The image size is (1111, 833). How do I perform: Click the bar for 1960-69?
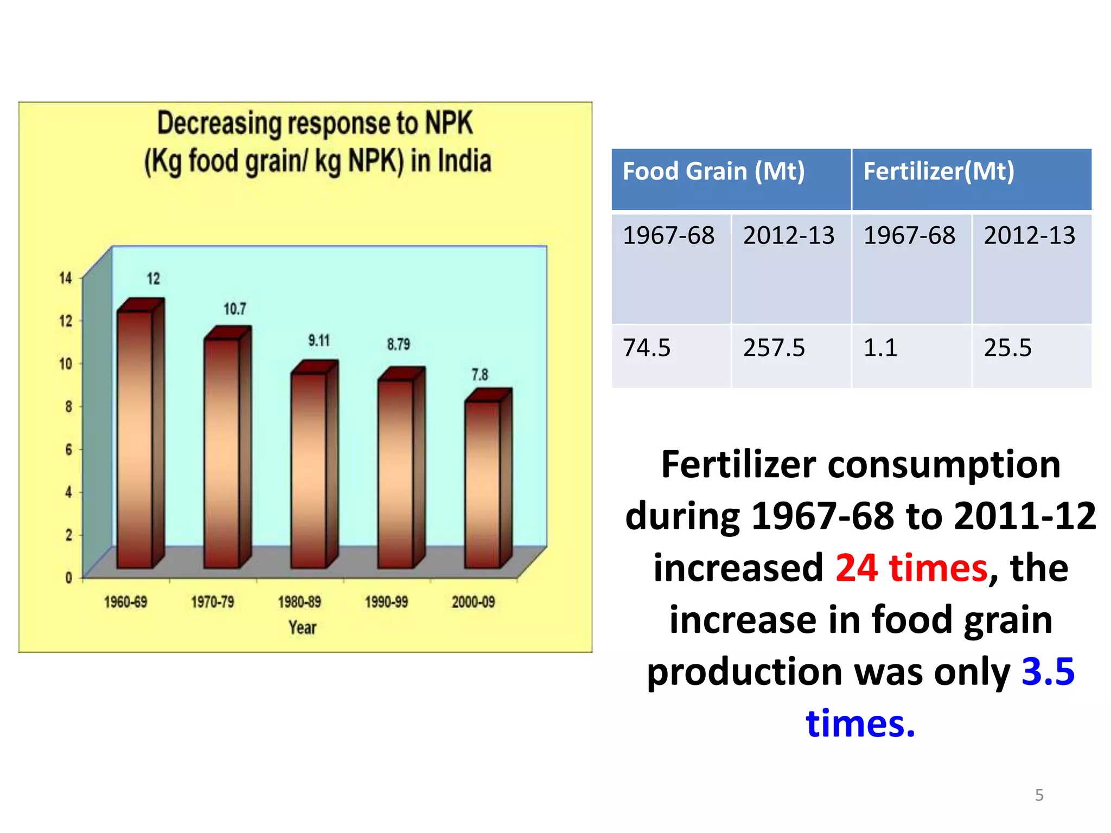[136, 439]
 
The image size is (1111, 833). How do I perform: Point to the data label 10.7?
[235, 309]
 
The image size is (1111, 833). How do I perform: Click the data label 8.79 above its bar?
[398, 344]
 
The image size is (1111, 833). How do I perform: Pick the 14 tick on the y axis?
[66, 278]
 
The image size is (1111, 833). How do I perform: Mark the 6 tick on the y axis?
[68, 450]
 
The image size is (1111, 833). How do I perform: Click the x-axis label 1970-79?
[213, 602]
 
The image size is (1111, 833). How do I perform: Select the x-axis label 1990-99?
[386, 602]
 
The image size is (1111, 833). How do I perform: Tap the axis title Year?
[302, 627]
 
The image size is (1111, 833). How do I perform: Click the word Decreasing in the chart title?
[220, 124]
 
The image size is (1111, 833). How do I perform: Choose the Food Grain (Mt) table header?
[713, 172]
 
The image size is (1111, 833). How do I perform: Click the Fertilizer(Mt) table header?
[938, 172]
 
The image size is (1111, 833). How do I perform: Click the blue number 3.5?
[1048, 671]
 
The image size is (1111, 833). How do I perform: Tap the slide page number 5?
[1039, 795]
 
